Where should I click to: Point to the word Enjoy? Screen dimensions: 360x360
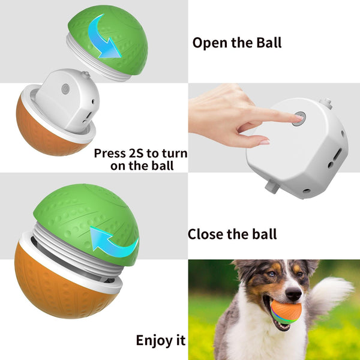tap(154, 341)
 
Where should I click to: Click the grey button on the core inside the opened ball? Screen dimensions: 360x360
tap(65, 89)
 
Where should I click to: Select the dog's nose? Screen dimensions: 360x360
tap(293, 293)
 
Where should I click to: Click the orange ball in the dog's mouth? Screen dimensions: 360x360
tap(286, 311)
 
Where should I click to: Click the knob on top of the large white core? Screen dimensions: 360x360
tap(326, 103)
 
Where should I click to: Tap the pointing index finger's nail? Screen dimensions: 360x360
tap(299, 117)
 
